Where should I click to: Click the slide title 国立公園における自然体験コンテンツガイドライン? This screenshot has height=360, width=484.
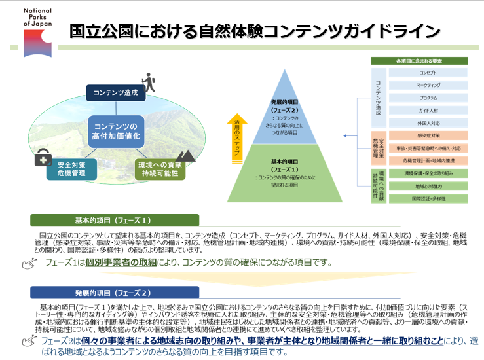click(x=255, y=31)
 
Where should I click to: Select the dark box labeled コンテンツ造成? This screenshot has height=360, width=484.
click(x=116, y=93)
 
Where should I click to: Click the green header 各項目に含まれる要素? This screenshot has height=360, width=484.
click(x=419, y=61)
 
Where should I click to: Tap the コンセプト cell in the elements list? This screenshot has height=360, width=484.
click(x=428, y=73)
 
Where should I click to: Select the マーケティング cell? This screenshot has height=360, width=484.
click(x=428, y=85)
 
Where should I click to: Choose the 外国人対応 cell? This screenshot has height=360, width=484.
click(x=428, y=122)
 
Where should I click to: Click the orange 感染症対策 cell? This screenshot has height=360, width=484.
click(x=428, y=136)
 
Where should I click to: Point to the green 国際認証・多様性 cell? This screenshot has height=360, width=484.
click(x=428, y=198)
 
